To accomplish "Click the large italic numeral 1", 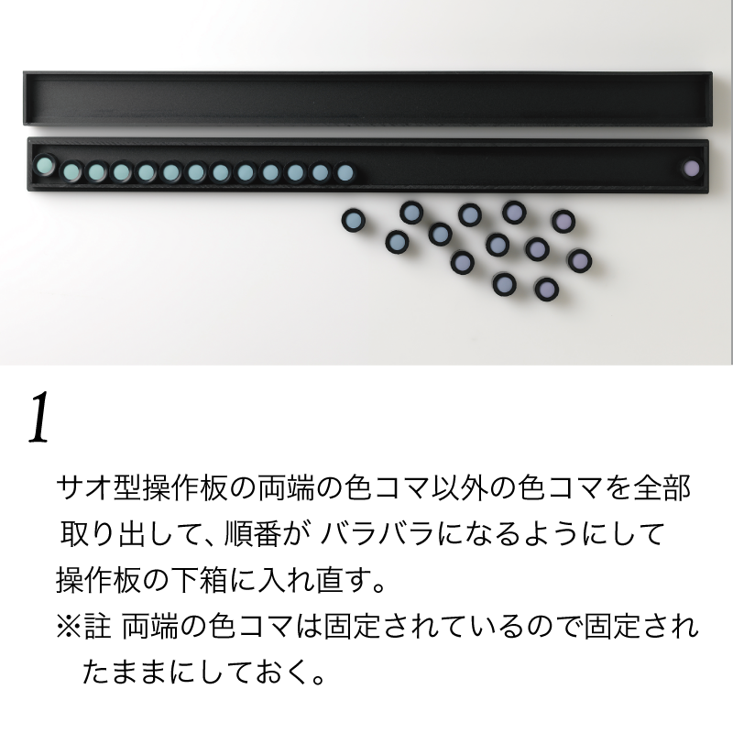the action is pos(38,418).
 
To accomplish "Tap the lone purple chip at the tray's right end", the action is pos(691,169).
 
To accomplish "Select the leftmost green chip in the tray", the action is pos(44,165).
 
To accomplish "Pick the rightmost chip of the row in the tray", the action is pos(345,172).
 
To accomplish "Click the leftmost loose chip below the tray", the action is pos(353,220).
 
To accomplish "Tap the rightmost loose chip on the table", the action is pos(580,260).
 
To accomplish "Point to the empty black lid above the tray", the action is pos(367,98).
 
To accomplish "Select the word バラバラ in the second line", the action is pos(377,533).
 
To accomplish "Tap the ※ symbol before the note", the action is pos(69,627).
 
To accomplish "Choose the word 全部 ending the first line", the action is pos(662,487).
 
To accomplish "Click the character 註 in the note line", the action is pos(98,627).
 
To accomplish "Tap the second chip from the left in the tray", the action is pos(72,171).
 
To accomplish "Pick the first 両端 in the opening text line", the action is pos(286,487).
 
